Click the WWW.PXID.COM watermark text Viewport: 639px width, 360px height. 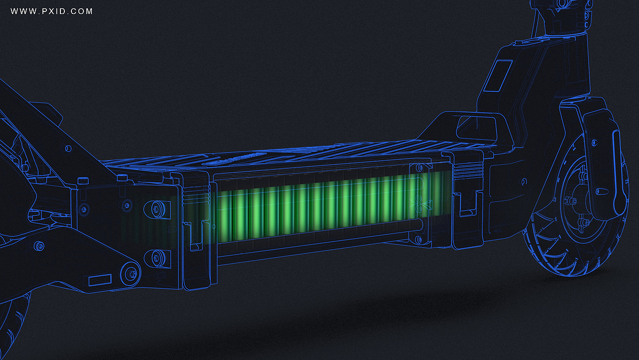click(x=51, y=11)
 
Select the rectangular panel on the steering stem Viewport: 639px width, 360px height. click(x=498, y=76)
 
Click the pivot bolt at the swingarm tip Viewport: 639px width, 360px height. click(x=131, y=274)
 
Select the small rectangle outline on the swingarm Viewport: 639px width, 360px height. click(x=100, y=280)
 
